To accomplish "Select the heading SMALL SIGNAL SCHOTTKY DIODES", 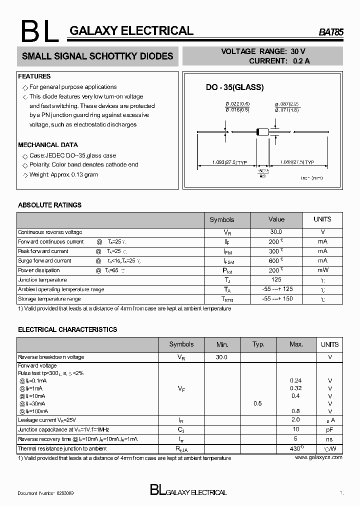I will point(97,56).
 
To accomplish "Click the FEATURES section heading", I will point(34,76).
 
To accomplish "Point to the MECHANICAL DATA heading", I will point(48,145).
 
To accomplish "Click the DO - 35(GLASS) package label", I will point(234,87).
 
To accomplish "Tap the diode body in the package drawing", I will point(262,132).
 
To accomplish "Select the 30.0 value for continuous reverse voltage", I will point(276,232).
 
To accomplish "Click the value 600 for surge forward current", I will point(274,261).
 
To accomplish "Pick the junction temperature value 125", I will point(276,280).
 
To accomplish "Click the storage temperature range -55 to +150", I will point(276,299).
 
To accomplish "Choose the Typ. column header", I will point(258,344).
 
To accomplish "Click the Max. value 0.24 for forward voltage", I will point(295,380).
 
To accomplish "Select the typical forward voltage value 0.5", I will point(257,403).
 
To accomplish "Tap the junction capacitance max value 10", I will point(296,429).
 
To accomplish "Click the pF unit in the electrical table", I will point(330,429).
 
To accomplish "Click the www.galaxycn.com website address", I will point(318,457).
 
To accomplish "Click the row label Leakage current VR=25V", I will point(47,420).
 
